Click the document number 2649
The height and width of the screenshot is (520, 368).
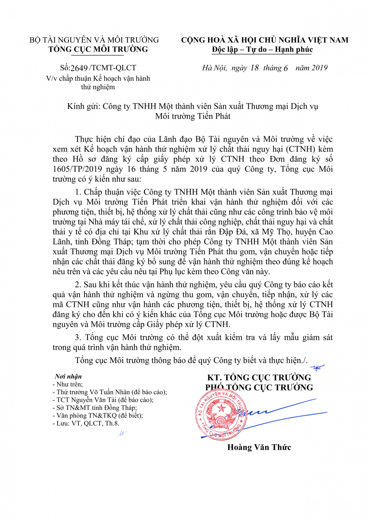[x=78, y=68]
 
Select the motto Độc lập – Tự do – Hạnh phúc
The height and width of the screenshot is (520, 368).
[x=262, y=49]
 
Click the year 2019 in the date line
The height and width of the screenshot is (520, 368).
[x=319, y=68]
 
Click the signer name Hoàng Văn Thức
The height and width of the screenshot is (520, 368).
[x=259, y=447]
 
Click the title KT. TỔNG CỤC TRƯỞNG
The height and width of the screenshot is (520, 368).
[x=259, y=377]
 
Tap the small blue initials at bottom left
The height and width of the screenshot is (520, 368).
[x=122, y=434]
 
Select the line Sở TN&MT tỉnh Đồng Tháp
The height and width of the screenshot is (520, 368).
[x=94, y=408]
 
